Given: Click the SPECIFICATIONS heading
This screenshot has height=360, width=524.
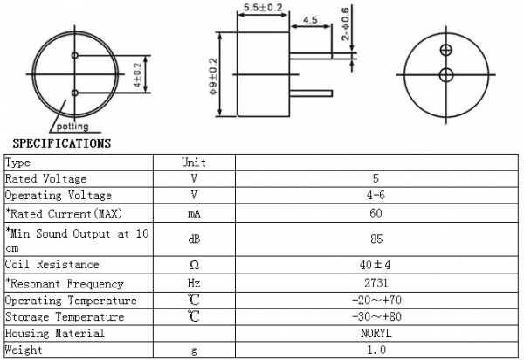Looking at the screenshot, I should [61, 142].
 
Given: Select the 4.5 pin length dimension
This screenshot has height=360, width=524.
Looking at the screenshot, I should [310, 20].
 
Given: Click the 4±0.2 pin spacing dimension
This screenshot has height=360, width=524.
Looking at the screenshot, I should [138, 75].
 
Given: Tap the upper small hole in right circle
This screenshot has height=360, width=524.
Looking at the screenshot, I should [446, 50].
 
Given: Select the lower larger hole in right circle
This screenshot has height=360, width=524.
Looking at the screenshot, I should [446, 75].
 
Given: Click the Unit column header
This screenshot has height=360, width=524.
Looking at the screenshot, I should [193, 162].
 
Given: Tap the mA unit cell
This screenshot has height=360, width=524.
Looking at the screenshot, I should [193, 212].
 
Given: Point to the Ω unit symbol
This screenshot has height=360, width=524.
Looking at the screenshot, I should [193, 265].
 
